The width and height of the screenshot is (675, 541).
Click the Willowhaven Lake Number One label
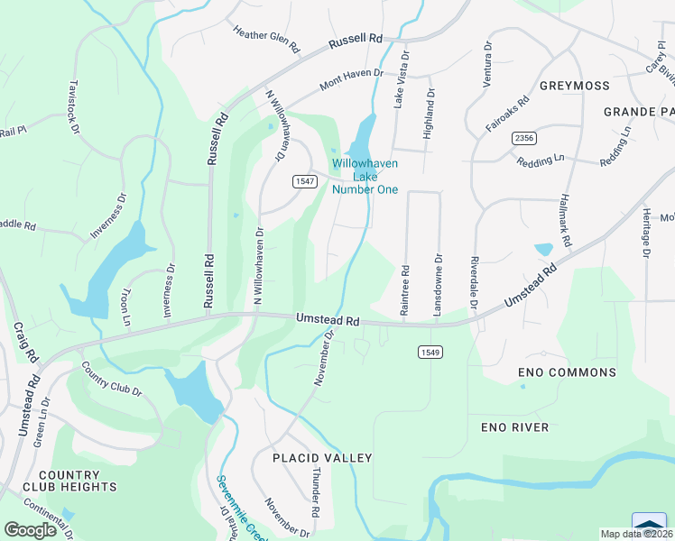365,177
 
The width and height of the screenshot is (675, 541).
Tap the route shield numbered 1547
303,182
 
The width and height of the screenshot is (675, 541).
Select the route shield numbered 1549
429,351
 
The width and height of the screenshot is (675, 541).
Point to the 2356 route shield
523,137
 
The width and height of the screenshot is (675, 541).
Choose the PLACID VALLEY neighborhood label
323,458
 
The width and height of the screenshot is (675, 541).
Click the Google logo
31,529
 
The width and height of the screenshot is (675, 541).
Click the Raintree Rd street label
405,289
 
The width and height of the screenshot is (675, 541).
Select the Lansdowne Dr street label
439,283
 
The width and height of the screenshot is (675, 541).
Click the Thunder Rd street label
315,491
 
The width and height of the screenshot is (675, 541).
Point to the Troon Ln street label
125,307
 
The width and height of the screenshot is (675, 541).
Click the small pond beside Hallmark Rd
543,250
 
